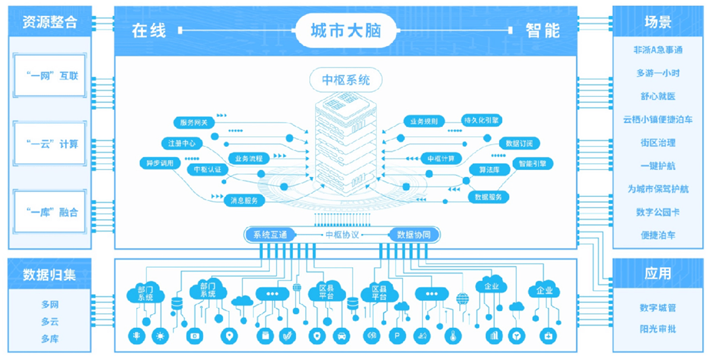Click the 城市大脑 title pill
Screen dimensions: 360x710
346,30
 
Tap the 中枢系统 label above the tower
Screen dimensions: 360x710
345,80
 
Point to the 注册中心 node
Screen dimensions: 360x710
182,143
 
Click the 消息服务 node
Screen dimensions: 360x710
244,201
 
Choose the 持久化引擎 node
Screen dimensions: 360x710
482,120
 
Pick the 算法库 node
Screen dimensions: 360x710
485,169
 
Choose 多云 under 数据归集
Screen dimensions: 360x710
49,322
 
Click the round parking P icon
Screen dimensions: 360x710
397,336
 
